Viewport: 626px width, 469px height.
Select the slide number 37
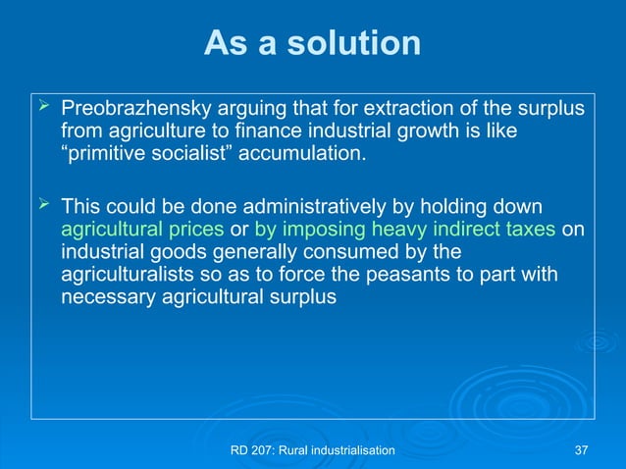click(581, 449)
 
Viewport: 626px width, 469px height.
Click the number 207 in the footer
click(265, 449)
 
